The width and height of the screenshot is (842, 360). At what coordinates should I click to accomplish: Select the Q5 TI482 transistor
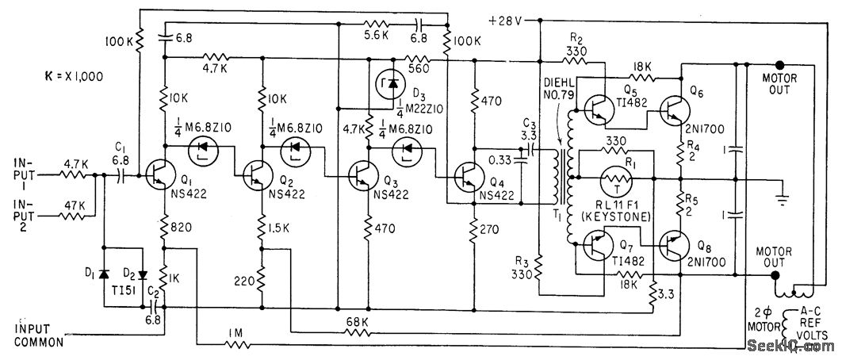pos(599,109)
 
